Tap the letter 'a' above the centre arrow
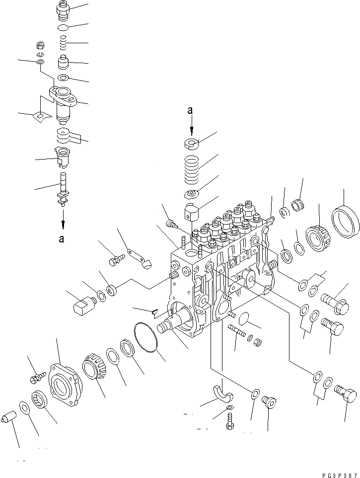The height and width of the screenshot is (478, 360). (190, 111)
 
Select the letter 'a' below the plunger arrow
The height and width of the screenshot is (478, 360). (62, 239)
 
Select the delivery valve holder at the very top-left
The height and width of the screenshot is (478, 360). (65, 9)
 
